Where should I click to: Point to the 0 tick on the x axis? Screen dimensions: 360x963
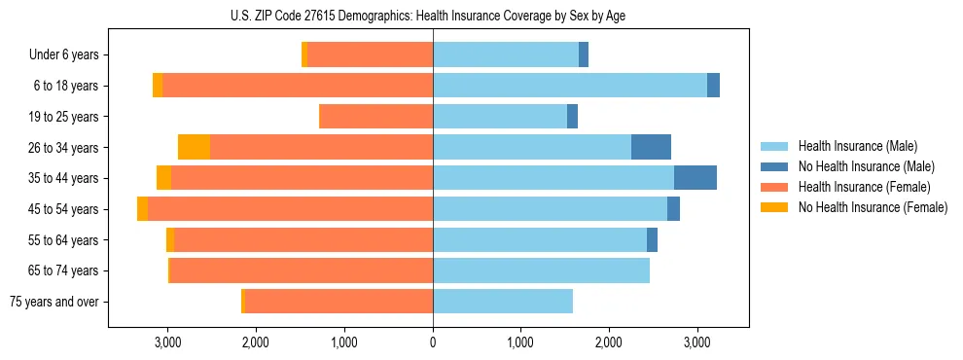point(433,342)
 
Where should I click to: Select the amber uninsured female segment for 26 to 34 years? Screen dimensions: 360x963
point(194,147)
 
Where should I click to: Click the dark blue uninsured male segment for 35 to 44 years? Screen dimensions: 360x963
point(695,178)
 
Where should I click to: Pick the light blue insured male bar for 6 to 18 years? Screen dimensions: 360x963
point(569,86)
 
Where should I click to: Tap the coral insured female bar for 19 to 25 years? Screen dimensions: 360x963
point(375,117)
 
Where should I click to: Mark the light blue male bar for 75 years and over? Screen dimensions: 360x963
point(502,302)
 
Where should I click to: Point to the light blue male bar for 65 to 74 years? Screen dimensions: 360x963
point(541,270)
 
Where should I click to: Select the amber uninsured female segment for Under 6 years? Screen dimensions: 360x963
point(304,55)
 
